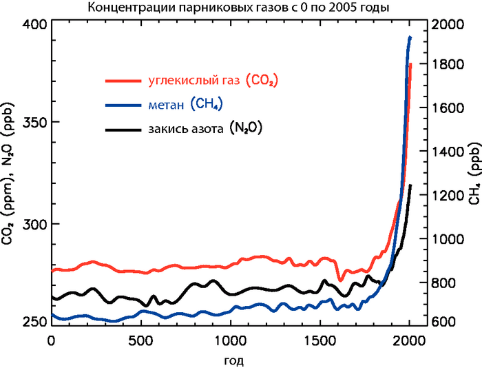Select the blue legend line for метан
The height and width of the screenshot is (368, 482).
[124, 105]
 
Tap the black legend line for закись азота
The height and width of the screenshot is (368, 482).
[124, 129]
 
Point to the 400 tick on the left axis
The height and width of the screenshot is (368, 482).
[34, 24]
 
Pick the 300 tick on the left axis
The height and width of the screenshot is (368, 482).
[34, 224]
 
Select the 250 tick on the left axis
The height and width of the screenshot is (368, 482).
[34, 323]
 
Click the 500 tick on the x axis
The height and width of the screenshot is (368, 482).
[140, 340]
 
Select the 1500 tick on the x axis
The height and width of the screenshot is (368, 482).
[319, 340]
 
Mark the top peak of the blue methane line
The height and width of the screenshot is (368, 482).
[410, 37]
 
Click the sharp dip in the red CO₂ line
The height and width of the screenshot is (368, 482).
[340, 279]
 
